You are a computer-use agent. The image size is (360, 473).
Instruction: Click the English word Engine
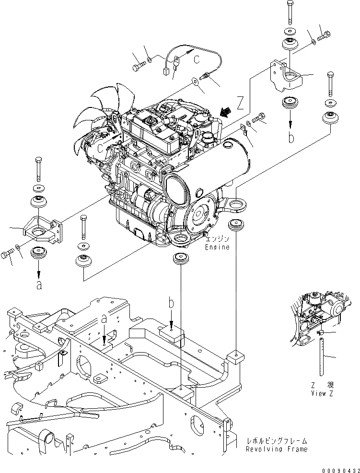click(217, 248)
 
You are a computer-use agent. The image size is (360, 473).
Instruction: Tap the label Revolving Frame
click(276, 449)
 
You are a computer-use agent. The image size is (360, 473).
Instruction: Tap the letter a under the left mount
click(39, 284)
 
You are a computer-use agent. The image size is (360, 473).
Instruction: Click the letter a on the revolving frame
click(105, 319)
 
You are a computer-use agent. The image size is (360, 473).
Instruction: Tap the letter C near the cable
click(197, 59)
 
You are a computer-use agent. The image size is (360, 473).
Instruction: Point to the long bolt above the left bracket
click(37, 168)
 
